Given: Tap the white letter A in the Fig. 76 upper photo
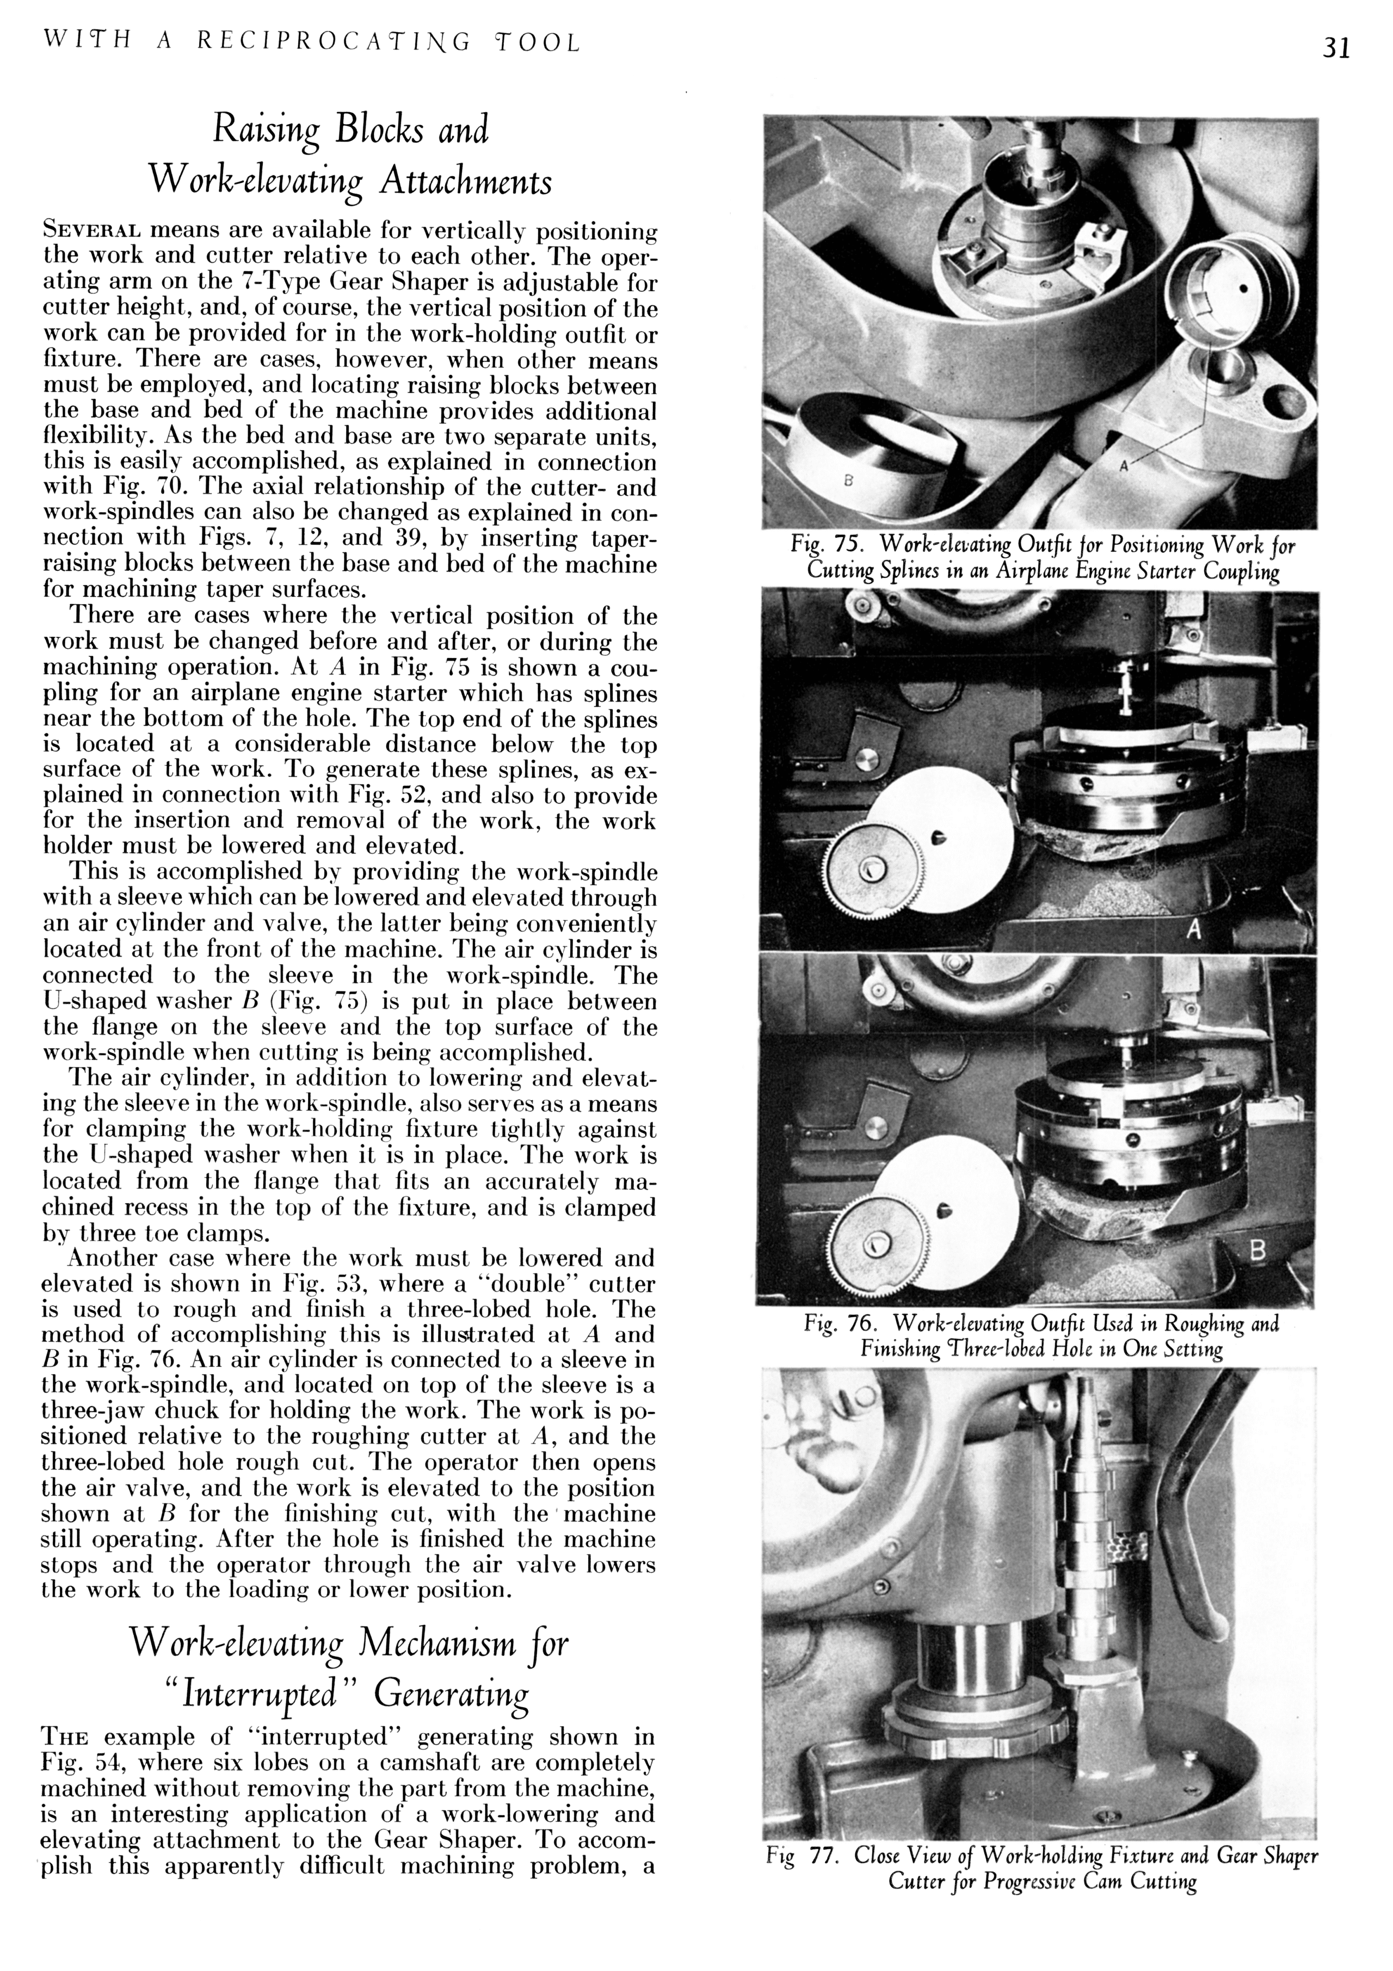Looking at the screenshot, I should [x=1192, y=931].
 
